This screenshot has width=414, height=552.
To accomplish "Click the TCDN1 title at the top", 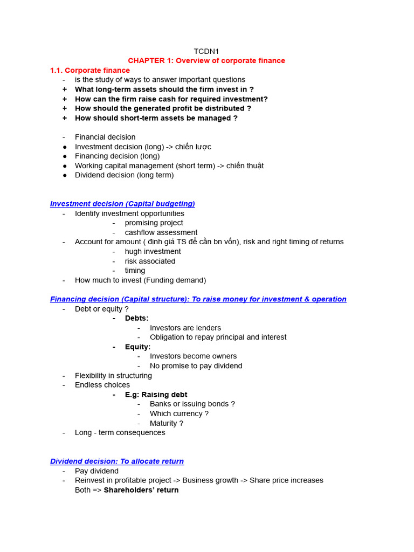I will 206,51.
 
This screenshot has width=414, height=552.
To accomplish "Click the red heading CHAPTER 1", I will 206,61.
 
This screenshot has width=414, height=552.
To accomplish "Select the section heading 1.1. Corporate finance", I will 90,71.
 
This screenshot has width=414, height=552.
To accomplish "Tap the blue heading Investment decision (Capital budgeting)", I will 122,204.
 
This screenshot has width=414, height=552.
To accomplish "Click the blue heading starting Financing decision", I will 198,299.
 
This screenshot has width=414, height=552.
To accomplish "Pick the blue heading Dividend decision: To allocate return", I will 117,461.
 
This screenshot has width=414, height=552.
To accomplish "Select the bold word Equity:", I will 137,347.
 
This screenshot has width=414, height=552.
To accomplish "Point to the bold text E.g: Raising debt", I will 156,395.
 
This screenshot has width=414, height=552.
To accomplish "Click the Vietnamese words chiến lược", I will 193,147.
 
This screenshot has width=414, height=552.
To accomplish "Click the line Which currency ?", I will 179,413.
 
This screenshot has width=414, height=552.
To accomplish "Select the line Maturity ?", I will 167,423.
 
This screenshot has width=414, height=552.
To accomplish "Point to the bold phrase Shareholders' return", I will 141,490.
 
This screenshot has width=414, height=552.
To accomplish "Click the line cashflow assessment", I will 161,232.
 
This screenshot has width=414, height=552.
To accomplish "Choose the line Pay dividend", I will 96,471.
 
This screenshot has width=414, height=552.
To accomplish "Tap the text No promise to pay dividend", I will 196,366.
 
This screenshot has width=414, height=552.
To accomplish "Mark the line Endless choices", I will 102,385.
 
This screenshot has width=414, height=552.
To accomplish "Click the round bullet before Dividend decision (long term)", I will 65,175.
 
